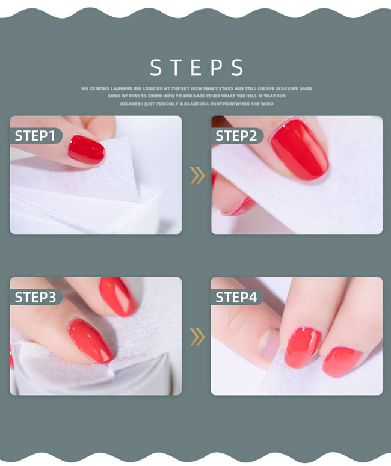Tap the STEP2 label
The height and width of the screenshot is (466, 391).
(x=236, y=136)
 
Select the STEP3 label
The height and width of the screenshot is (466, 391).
(x=35, y=297)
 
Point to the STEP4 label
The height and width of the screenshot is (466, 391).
(x=236, y=297)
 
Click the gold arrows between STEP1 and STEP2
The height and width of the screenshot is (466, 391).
(x=197, y=175)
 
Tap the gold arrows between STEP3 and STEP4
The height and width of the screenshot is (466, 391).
(x=197, y=336)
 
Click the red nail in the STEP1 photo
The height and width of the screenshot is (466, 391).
(x=86, y=150)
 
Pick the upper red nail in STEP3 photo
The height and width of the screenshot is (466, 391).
(x=117, y=296)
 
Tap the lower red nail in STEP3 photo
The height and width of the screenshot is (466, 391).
(x=91, y=340)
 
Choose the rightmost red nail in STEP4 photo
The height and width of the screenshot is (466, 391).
(x=342, y=361)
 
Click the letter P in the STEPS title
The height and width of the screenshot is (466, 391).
(x=217, y=67)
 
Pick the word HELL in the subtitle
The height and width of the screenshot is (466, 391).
(x=254, y=96)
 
